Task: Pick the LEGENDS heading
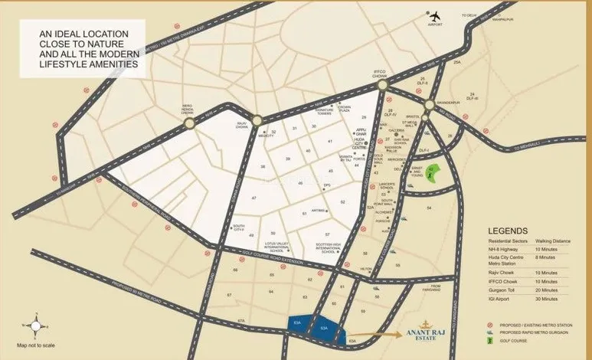507,231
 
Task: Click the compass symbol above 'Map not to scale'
32,326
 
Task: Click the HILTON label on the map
365,269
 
